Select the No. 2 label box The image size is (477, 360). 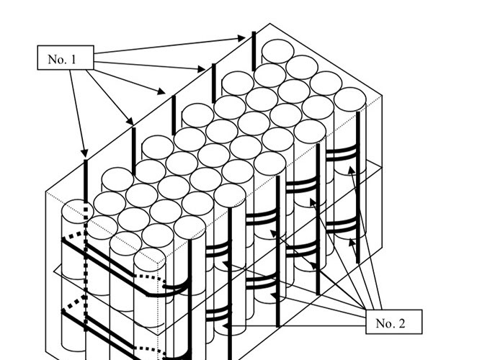click(x=391, y=323)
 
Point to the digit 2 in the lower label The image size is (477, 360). click(x=401, y=323)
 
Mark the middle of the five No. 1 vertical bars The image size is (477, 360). click(x=173, y=112)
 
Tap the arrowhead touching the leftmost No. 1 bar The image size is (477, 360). click(x=84, y=154)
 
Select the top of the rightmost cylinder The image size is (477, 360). click(x=350, y=99)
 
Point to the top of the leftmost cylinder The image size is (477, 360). click(x=75, y=213)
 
